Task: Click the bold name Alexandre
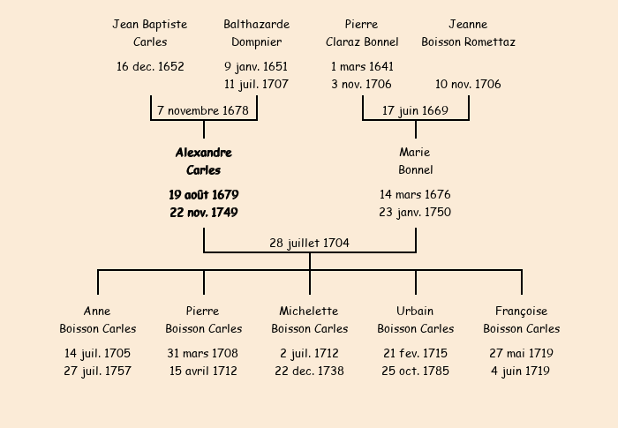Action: point(204,153)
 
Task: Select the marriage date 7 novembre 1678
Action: point(203,110)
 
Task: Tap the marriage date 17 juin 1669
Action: point(415,110)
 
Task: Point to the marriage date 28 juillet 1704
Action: point(309,243)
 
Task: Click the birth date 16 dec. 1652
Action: point(150,66)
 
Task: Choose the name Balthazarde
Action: point(257,24)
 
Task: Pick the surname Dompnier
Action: point(257,41)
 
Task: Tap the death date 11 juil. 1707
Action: point(256,84)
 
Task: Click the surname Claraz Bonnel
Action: point(362,41)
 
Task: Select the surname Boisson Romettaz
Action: point(468,41)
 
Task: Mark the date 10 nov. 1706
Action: point(468,84)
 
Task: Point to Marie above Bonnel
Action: point(415,152)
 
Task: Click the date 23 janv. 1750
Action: point(415,212)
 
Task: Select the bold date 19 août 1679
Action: point(204,195)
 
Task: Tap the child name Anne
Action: point(97,311)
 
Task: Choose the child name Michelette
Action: point(309,311)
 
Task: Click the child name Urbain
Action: point(415,311)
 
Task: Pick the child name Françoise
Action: point(522,311)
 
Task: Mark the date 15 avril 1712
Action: point(203,371)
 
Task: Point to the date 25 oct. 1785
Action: point(416,371)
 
